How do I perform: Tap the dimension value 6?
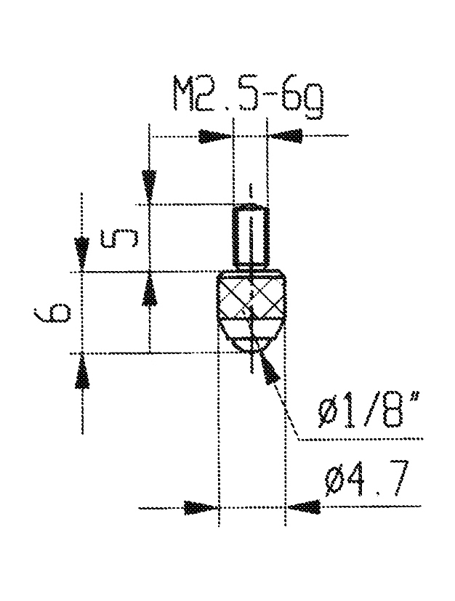click(52, 312)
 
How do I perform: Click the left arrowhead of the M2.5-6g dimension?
click(214, 137)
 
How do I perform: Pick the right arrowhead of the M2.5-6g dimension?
click(285, 136)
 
